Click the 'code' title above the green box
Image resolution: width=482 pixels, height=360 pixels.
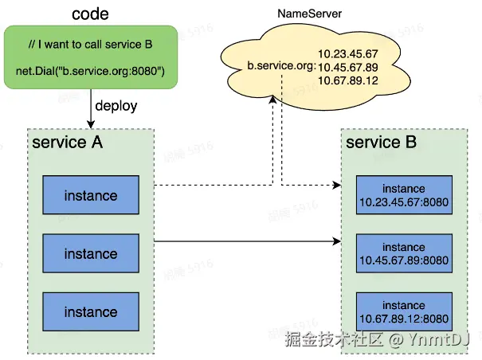pyautogui.click(x=91, y=14)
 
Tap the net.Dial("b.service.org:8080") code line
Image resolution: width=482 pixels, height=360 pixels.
pyautogui.click(x=90, y=72)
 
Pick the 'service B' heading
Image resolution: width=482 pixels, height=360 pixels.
pyautogui.click(x=381, y=143)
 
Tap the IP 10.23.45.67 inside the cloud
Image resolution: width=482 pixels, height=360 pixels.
pyautogui.click(x=347, y=53)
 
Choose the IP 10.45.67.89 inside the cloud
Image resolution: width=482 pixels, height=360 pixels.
pyautogui.click(x=347, y=67)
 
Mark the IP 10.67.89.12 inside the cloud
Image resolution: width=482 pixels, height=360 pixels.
pyautogui.click(x=347, y=81)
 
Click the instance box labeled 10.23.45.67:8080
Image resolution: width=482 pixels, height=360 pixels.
pyautogui.click(x=403, y=195)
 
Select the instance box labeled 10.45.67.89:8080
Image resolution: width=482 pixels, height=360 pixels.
pyautogui.click(x=403, y=253)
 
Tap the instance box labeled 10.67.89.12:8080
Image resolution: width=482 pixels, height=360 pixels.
pyautogui.click(x=403, y=311)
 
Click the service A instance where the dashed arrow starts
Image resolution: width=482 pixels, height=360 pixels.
pyautogui.click(x=90, y=196)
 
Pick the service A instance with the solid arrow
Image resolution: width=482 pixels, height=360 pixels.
pyautogui.click(x=90, y=253)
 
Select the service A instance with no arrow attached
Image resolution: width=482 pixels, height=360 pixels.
pyautogui.click(x=90, y=311)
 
